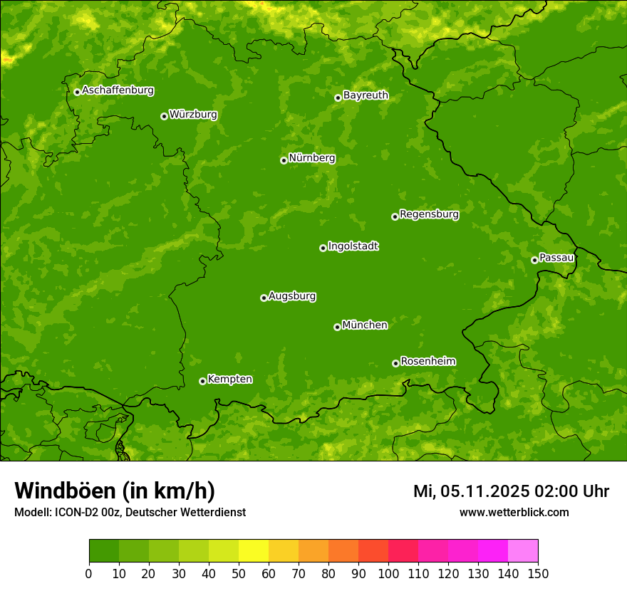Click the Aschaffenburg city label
tap(118, 90)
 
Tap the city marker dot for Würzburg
tap(164, 116)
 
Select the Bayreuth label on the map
tap(366, 95)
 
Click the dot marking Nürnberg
tap(284, 160)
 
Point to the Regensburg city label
tap(429, 214)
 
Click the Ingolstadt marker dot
tap(323, 248)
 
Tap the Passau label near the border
tap(556, 258)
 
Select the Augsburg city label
tap(292, 296)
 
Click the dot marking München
tap(337, 327)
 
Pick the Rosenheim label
tap(427, 362)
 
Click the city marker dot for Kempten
tap(202, 381)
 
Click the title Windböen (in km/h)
tap(115, 491)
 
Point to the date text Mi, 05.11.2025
tap(470, 491)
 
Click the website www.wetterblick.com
tap(514, 512)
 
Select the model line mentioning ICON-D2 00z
tap(130, 512)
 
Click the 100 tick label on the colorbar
tap(388, 573)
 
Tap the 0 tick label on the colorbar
tap(89, 573)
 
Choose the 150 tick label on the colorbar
tap(537, 573)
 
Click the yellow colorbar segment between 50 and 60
tap(254, 551)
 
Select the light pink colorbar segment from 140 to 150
tap(523, 551)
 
